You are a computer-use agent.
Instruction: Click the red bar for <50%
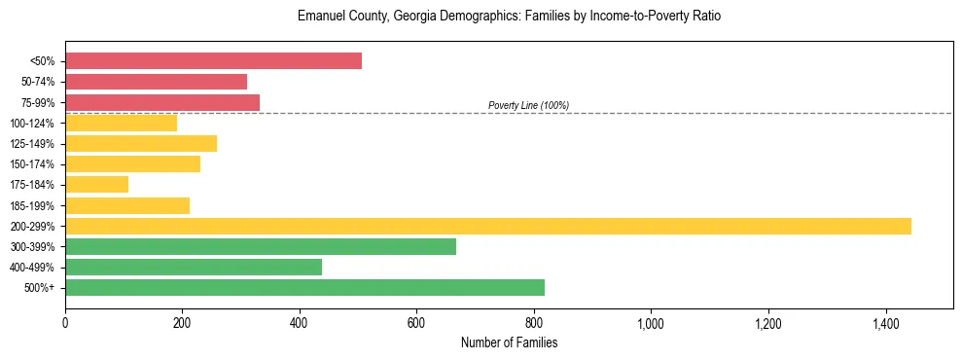[213, 61]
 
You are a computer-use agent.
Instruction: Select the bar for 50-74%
[156, 82]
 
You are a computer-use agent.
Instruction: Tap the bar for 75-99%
[162, 102]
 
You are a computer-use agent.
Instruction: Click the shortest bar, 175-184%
[96, 185]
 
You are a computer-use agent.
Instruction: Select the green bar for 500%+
[304, 288]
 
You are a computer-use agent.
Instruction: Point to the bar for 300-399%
[261, 247]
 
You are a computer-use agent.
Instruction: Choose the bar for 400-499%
[194, 268]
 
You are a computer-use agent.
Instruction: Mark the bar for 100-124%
[121, 123]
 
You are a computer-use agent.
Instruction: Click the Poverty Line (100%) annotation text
[528, 105]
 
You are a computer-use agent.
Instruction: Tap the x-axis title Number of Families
[509, 343]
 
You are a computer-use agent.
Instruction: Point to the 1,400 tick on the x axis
[885, 323]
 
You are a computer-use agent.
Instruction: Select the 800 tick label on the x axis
[534, 323]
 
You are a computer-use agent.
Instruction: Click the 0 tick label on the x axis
[65, 323]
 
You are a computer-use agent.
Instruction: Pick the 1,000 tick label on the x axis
[651, 323]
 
